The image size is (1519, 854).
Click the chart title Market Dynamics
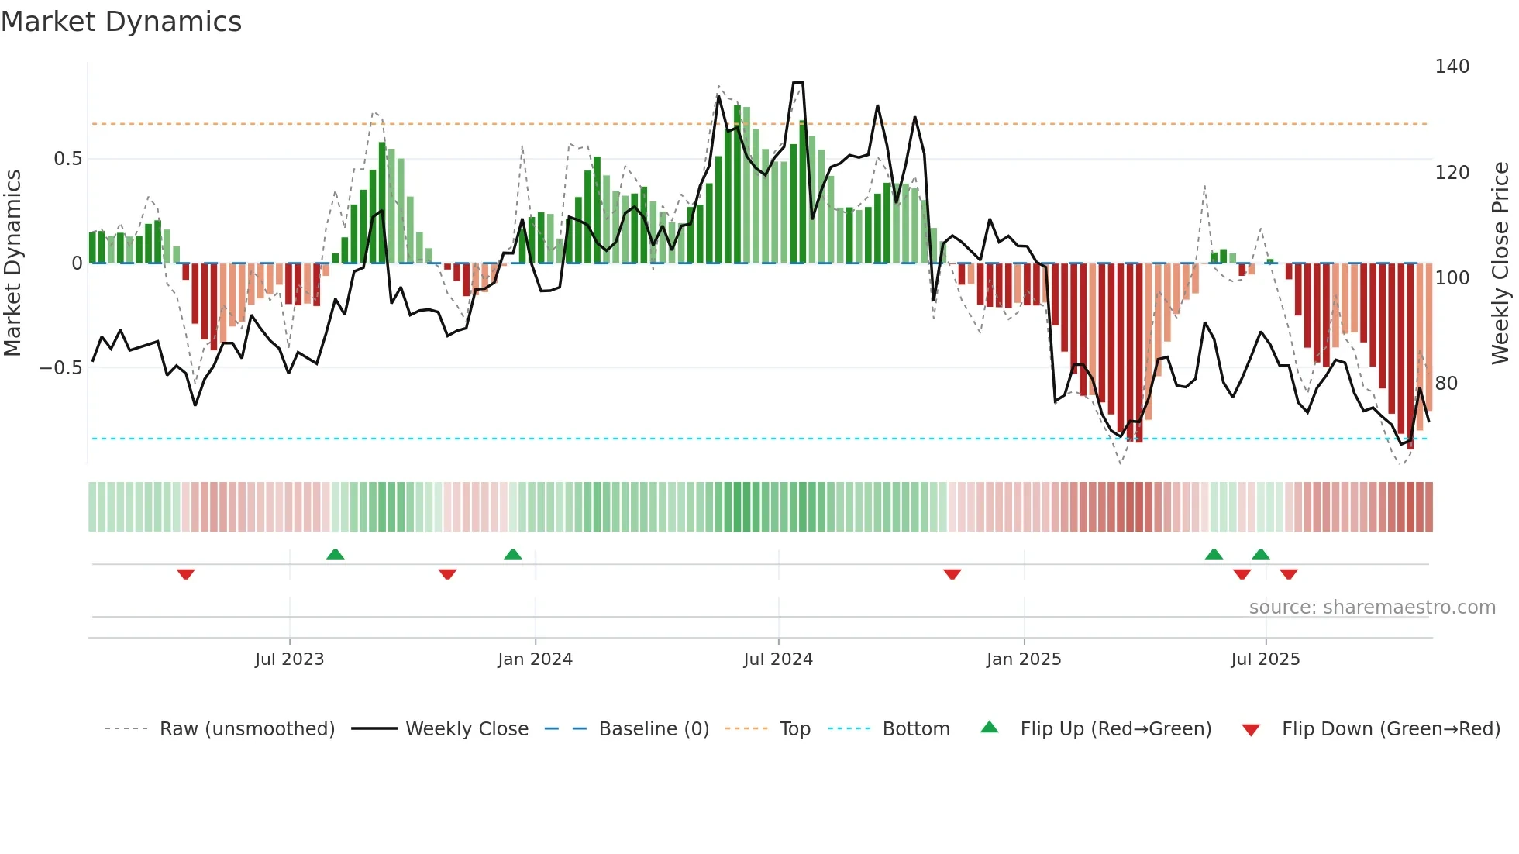121,22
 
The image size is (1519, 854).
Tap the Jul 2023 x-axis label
289,659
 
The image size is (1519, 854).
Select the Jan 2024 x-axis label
535,659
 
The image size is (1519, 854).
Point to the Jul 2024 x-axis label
778,659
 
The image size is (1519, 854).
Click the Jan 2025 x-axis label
1024,659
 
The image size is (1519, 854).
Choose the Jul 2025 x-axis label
1265,659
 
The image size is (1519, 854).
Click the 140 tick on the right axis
1452,67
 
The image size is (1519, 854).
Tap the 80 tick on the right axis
1446,384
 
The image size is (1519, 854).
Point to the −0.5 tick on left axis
61,368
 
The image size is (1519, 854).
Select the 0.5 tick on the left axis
67,159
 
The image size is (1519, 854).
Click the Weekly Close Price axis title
1500,263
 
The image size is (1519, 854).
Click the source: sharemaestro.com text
1372,608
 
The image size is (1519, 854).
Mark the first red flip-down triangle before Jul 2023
185,574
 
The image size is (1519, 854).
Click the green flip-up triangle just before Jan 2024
512,554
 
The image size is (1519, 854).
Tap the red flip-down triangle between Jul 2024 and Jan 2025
952,574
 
